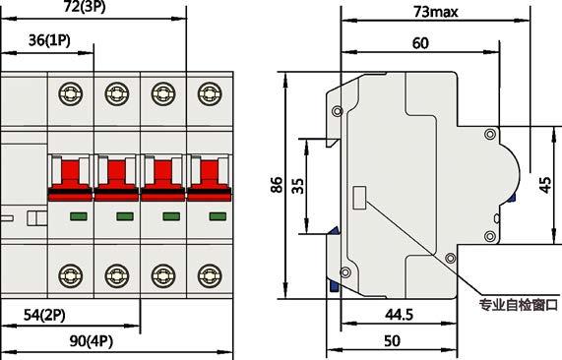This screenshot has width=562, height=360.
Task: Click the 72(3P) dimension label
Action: [x=85, y=7]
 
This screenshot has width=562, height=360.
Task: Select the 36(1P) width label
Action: [x=49, y=40]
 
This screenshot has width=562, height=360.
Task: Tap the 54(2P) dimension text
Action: [x=44, y=315]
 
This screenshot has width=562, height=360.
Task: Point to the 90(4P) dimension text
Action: [x=91, y=341]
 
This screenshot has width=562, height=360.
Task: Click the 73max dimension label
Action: [x=435, y=12]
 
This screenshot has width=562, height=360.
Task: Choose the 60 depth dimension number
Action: [x=420, y=43]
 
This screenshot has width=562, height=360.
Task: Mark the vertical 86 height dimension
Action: [x=277, y=185]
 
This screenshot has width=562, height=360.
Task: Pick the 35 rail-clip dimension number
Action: [x=297, y=186]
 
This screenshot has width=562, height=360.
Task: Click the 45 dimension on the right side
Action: [x=545, y=185]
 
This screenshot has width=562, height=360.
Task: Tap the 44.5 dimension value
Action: [x=399, y=315]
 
